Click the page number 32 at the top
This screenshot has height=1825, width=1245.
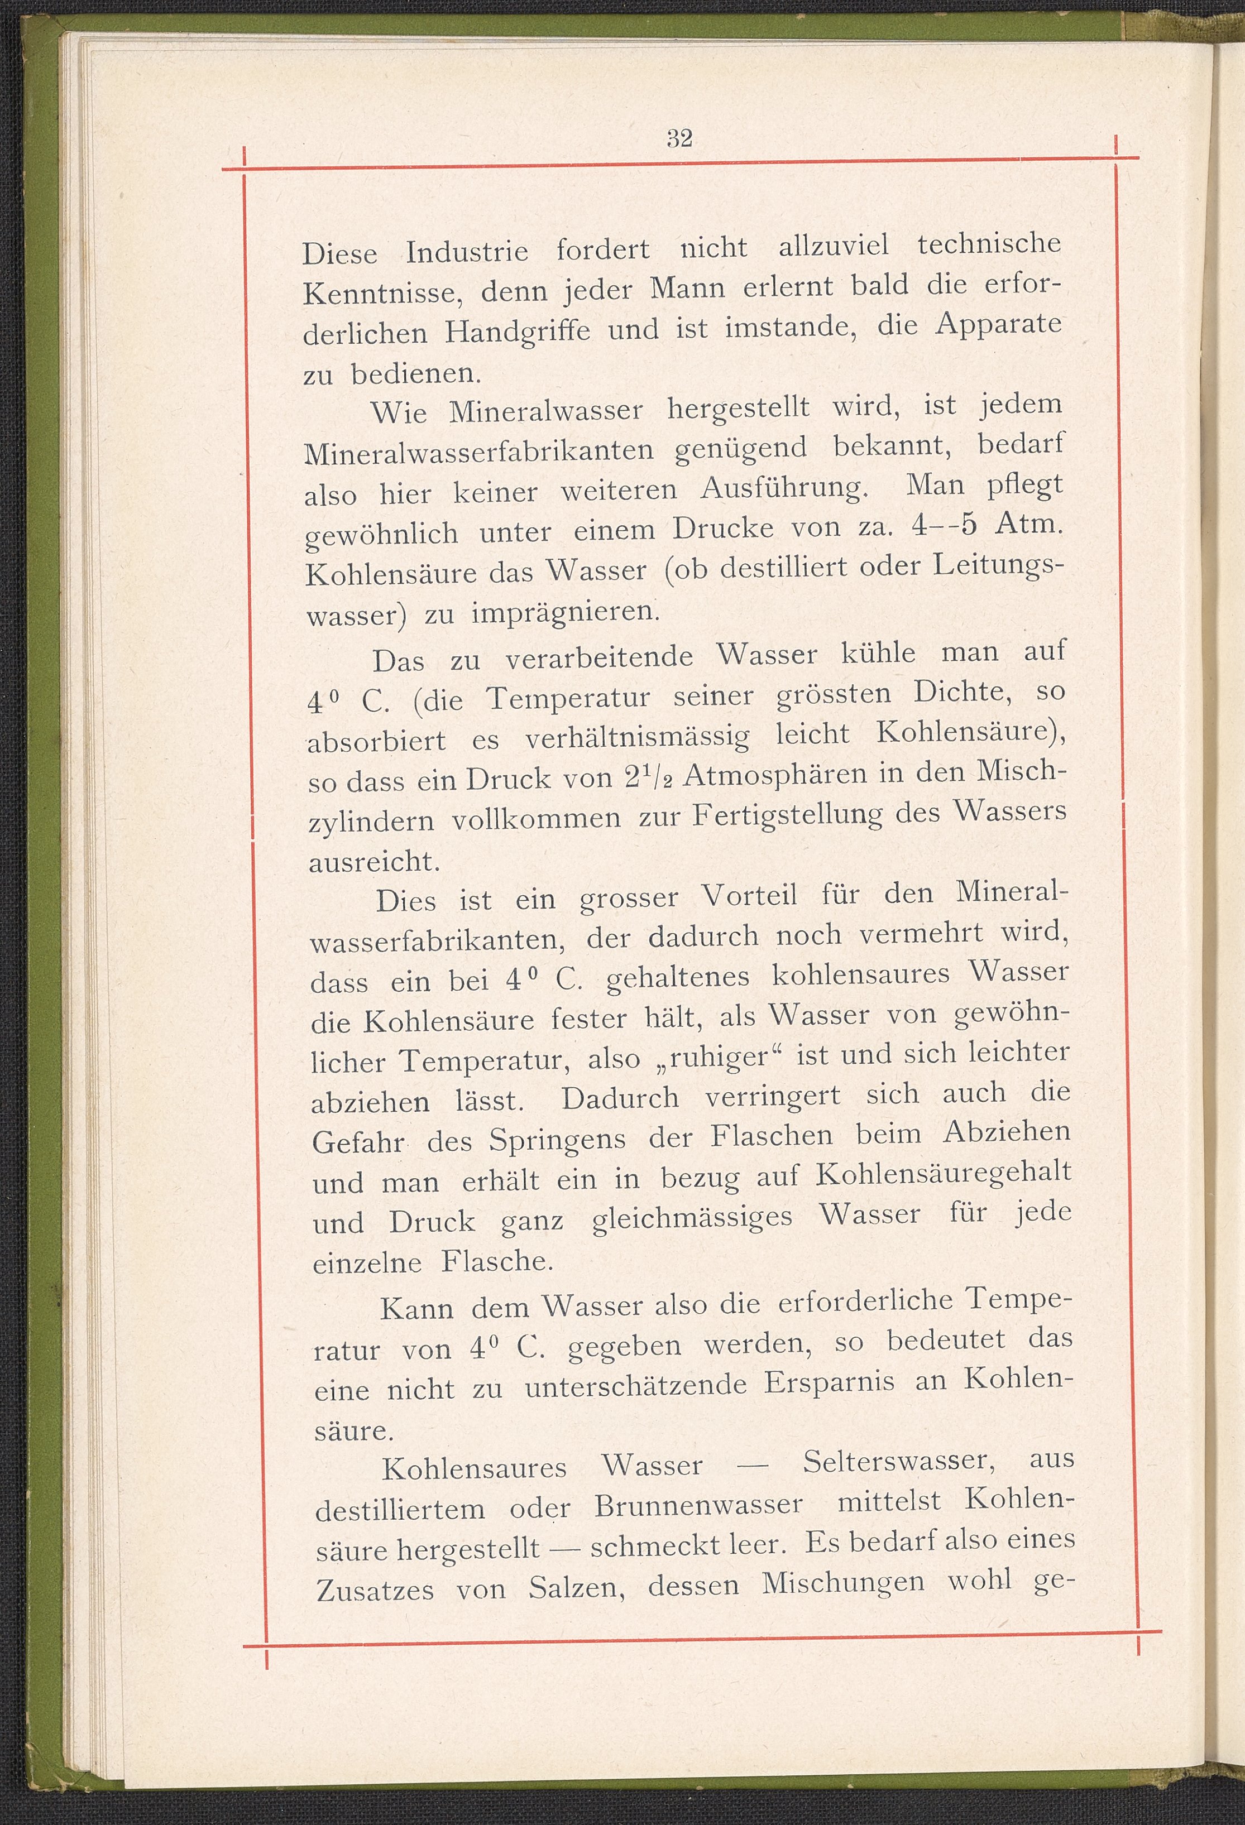(679, 138)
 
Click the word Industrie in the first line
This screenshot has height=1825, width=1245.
(467, 252)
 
